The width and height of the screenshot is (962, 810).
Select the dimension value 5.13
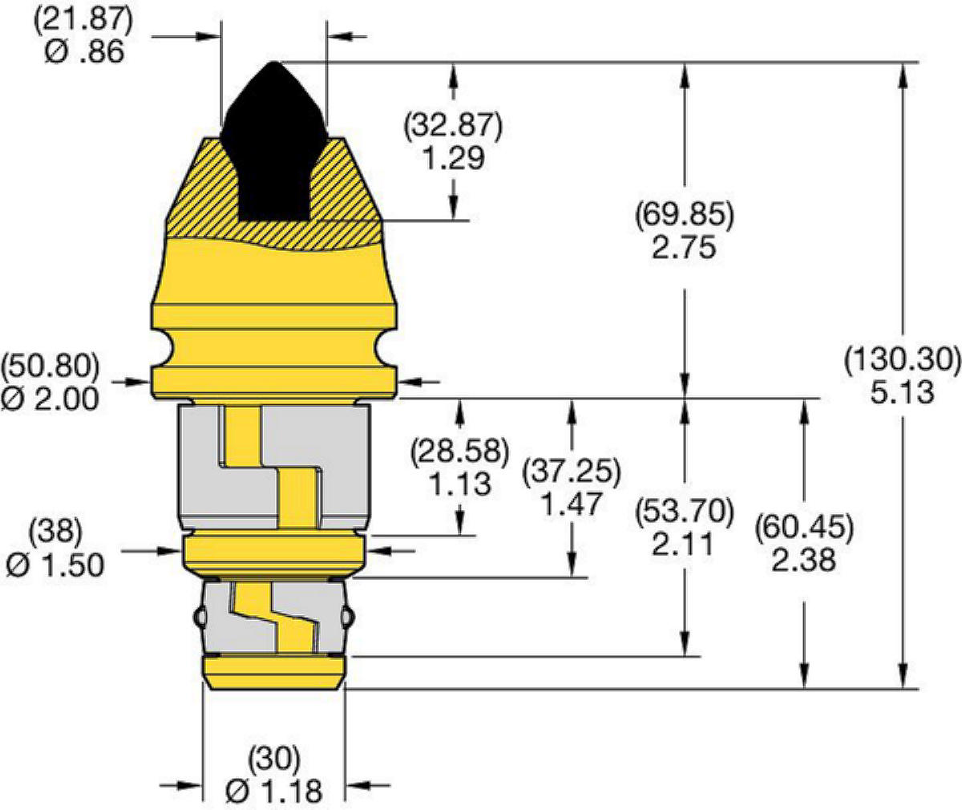point(902,393)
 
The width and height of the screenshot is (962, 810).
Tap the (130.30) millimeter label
point(902,360)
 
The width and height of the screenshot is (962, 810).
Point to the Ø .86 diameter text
point(84,51)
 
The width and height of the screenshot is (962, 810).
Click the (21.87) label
point(83,20)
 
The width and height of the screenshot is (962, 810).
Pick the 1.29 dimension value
point(454,158)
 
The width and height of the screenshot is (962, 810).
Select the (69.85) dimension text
point(684,215)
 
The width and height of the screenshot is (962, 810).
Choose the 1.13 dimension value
point(459,484)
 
